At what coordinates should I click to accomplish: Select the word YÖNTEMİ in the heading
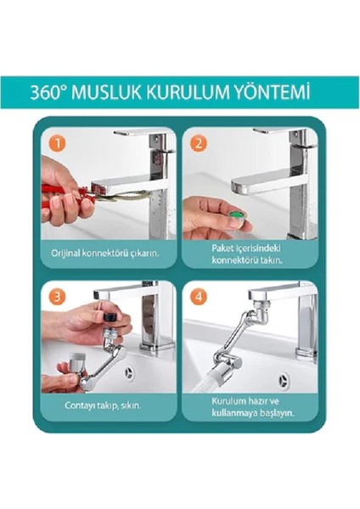tap(272, 91)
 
